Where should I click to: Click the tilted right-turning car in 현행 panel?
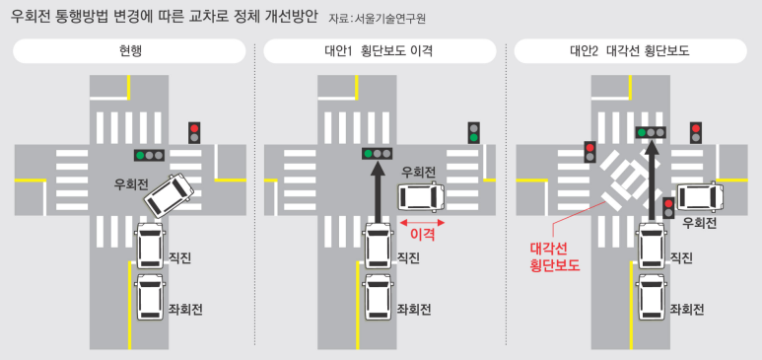point(169,193)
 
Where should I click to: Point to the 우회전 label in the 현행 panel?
point(131,183)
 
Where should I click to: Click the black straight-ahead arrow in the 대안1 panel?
point(378,192)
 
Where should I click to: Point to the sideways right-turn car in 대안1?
point(420,196)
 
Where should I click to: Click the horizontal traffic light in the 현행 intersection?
point(149,155)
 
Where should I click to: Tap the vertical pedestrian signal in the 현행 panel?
point(195,132)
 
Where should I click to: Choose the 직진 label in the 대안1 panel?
point(407,258)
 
